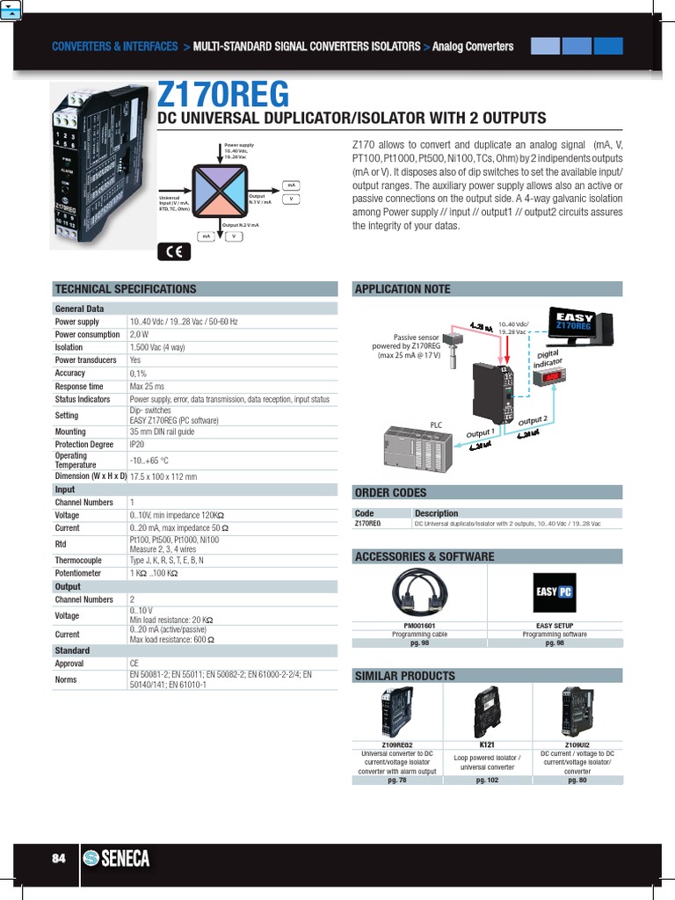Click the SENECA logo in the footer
[x=116, y=859]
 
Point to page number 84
[x=59, y=859]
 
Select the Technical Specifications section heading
[x=126, y=289]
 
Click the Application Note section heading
[x=402, y=289]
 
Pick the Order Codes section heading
[x=390, y=492]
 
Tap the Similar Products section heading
[x=404, y=676]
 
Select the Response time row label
[x=79, y=387]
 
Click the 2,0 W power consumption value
[x=139, y=335]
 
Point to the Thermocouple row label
[x=78, y=560]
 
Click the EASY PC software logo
[x=555, y=592]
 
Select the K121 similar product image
[x=486, y=711]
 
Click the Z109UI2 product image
[x=577, y=711]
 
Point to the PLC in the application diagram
[x=417, y=448]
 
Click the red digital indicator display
[x=548, y=377]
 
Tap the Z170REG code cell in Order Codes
[x=367, y=524]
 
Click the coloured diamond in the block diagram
[x=215, y=191]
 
